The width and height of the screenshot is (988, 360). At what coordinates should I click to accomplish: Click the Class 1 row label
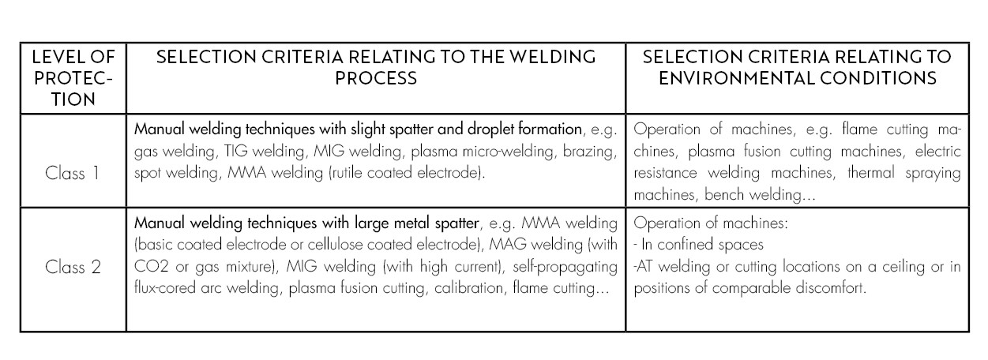tap(73, 173)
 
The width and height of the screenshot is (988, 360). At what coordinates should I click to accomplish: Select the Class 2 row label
tap(73, 267)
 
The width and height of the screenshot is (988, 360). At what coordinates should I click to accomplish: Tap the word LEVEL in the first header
tap(54, 57)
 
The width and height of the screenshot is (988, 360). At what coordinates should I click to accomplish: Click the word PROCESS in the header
tap(376, 78)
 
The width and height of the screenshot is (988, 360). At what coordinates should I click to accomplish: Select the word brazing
tap(590, 152)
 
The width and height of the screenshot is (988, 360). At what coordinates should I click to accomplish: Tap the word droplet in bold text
tap(490, 129)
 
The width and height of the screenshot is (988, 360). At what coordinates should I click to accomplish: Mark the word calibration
tap(468, 288)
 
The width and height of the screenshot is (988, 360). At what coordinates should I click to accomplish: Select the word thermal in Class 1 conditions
tap(870, 172)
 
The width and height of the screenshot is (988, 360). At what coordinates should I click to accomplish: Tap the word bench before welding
tap(724, 194)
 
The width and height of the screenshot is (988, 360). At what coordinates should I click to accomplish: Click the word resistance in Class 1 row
tap(665, 172)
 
